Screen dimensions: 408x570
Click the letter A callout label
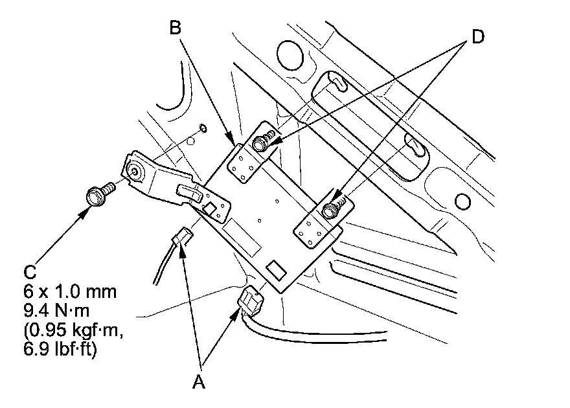click(199, 383)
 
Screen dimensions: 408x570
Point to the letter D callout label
click(477, 37)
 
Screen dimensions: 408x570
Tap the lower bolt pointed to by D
click(332, 209)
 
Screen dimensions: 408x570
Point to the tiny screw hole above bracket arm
click(203, 128)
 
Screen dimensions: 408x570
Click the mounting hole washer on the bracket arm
click(135, 171)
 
